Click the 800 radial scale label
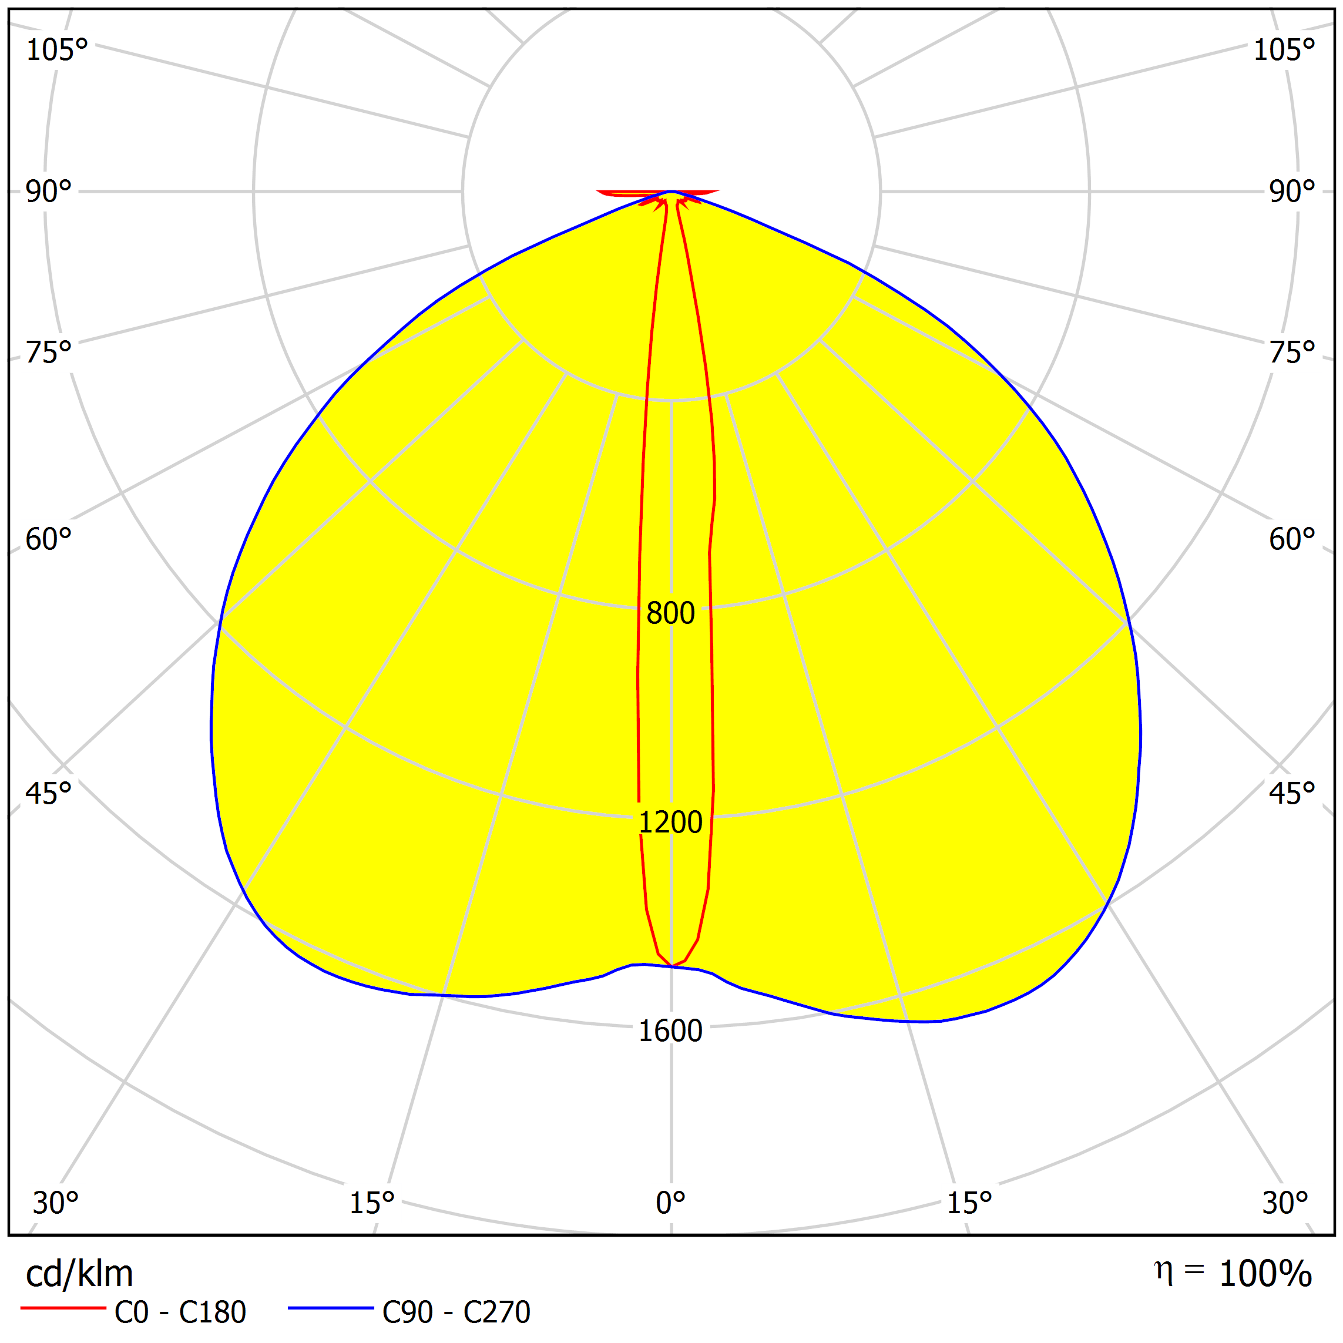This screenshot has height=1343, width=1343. coord(670,613)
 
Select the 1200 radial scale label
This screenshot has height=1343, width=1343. coord(670,822)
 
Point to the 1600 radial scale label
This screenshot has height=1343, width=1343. coord(670,1031)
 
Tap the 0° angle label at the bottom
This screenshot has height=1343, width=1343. coord(670,1203)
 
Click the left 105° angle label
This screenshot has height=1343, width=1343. coord(57,50)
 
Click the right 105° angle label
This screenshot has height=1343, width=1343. coord(1284,50)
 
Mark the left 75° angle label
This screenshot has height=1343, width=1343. coord(49,352)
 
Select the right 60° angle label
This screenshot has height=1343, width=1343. coord(1291,539)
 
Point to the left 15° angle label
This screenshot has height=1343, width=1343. coord(372,1203)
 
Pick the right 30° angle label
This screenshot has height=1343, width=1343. coord(1285,1203)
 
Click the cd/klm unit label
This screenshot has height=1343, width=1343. coord(79,1274)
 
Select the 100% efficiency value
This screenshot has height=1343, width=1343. coord(1265,1274)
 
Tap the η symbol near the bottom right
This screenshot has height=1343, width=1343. coord(1164,1271)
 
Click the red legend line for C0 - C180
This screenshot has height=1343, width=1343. coord(62,1308)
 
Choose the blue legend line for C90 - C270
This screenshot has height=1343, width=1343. coord(331,1308)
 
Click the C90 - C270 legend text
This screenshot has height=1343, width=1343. coord(456,1312)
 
